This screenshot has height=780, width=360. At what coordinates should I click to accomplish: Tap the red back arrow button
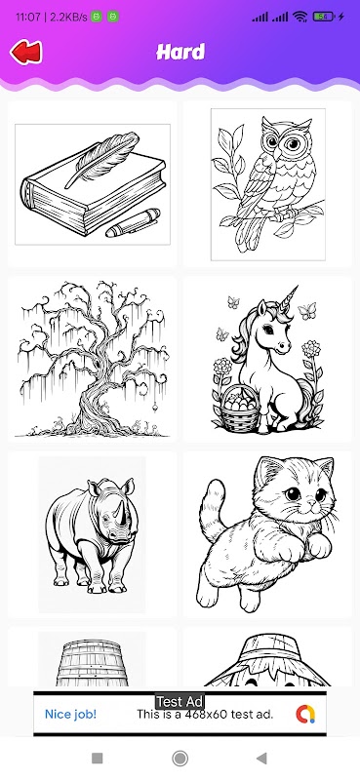[26, 53]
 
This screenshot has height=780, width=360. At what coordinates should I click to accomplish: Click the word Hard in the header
[180, 52]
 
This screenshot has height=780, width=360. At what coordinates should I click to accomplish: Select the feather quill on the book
[103, 157]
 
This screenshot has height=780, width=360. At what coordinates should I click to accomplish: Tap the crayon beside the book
[133, 223]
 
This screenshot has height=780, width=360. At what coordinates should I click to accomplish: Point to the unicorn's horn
[289, 299]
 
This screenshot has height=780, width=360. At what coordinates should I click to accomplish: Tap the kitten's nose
[311, 503]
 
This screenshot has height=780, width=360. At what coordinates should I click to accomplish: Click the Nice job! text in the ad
[70, 715]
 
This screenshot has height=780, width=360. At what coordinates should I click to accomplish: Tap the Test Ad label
[180, 702]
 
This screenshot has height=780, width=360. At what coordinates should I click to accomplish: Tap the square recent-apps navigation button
[98, 759]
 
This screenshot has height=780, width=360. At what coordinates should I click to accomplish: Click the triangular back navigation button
[261, 759]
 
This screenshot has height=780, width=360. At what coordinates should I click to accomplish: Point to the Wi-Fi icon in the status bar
[300, 17]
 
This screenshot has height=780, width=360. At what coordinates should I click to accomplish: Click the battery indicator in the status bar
[324, 17]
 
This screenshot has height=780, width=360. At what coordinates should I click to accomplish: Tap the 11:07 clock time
[28, 17]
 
